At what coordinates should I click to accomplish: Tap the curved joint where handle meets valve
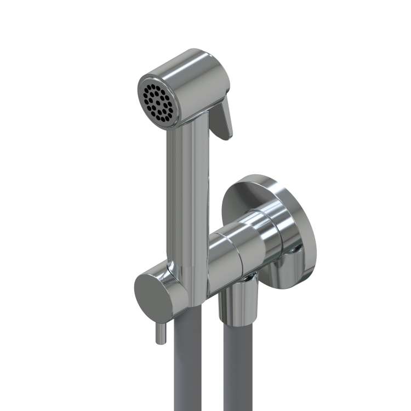pos(181,274)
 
